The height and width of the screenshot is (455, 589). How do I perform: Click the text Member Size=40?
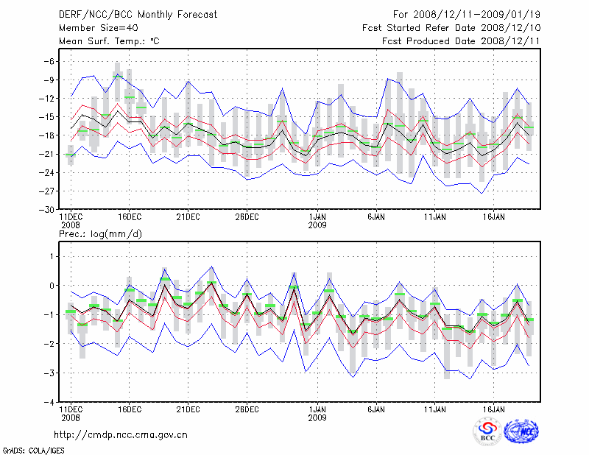93,27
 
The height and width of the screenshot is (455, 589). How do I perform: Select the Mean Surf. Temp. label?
108,40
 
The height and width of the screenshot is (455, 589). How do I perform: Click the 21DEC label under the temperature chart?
188,217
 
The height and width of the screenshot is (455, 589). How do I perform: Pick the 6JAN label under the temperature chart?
376,217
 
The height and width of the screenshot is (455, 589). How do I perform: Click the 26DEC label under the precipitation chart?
247,409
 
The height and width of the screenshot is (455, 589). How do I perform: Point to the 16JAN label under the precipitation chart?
494,409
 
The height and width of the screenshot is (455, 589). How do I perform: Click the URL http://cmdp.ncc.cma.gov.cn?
121,434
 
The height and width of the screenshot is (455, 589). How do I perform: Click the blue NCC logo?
521,432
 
